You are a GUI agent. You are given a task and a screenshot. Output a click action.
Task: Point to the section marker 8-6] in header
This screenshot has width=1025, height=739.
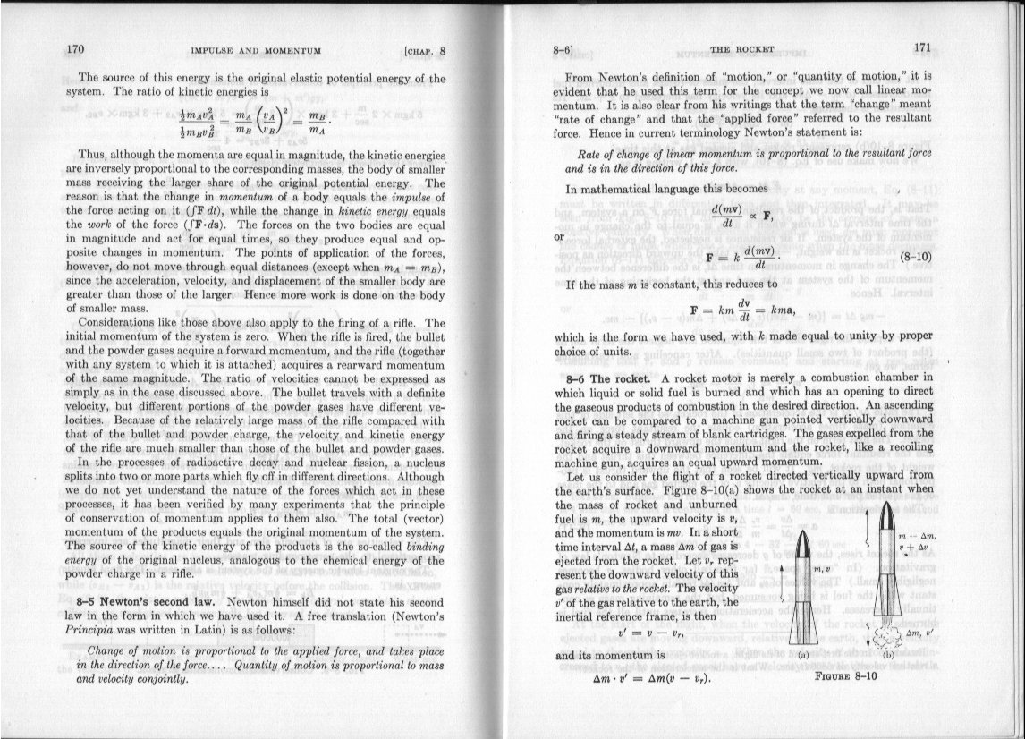(x=563, y=50)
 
